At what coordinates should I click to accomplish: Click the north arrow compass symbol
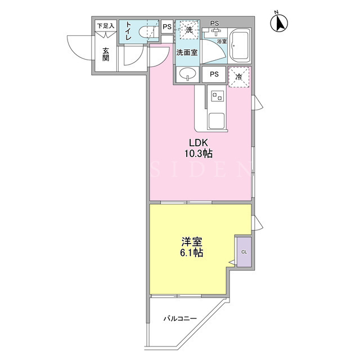pyautogui.click(x=279, y=22)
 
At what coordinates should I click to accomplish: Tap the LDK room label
pyautogui.click(x=199, y=142)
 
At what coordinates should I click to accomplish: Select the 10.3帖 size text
pyautogui.click(x=199, y=154)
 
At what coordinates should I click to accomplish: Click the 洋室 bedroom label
pyautogui.click(x=191, y=241)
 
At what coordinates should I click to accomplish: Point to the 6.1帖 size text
pyautogui.click(x=191, y=253)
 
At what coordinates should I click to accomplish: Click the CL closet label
pyautogui.click(x=244, y=252)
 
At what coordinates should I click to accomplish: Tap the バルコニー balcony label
pyautogui.click(x=180, y=318)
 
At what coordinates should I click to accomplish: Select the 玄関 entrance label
pyautogui.click(x=106, y=55)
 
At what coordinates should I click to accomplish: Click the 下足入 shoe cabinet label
pyautogui.click(x=106, y=26)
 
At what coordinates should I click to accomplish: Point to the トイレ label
pyautogui.click(x=128, y=31)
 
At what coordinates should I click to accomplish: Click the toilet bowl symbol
pyautogui.click(x=148, y=32)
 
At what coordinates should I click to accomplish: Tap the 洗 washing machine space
pyautogui.click(x=189, y=30)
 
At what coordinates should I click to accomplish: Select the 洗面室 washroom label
pyautogui.click(x=187, y=52)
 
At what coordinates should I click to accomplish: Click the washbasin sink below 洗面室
pyautogui.click(x=188, y=74)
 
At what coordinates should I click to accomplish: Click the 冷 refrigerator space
pyautogui.click(x=239, y=77)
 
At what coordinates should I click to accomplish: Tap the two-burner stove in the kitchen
pyautogui.click(x=217, y=96)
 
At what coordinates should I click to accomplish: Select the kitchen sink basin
pyautogui.click(x=217, y=120)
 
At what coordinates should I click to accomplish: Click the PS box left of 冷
pyautogui.click(x=214, y=74)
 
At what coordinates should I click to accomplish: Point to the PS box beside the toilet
pyautogui.click(x=167, y=26)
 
